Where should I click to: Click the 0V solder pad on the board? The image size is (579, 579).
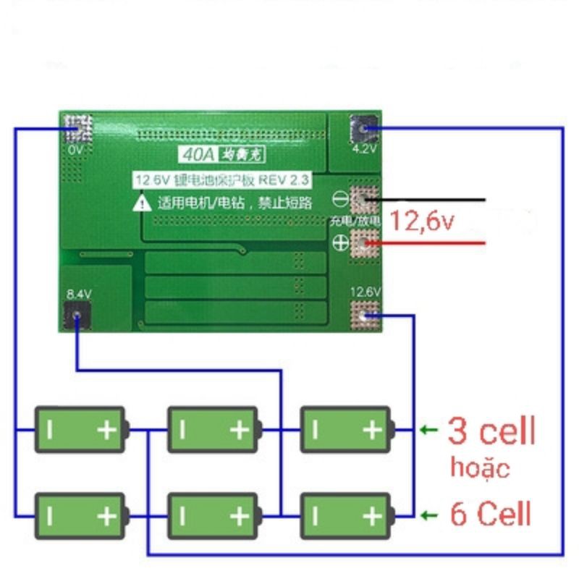[77, 128]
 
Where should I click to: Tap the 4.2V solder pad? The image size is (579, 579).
[365, 130]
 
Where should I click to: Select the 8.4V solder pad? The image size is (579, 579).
[77, 316]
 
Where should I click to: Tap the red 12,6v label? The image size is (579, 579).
[423, 220]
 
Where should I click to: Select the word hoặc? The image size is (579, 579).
[480, 467]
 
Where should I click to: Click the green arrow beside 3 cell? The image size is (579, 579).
[428, 431]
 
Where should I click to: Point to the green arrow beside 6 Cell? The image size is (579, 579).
[428, 515]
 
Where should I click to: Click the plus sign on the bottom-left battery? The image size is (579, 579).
[107, 515]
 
